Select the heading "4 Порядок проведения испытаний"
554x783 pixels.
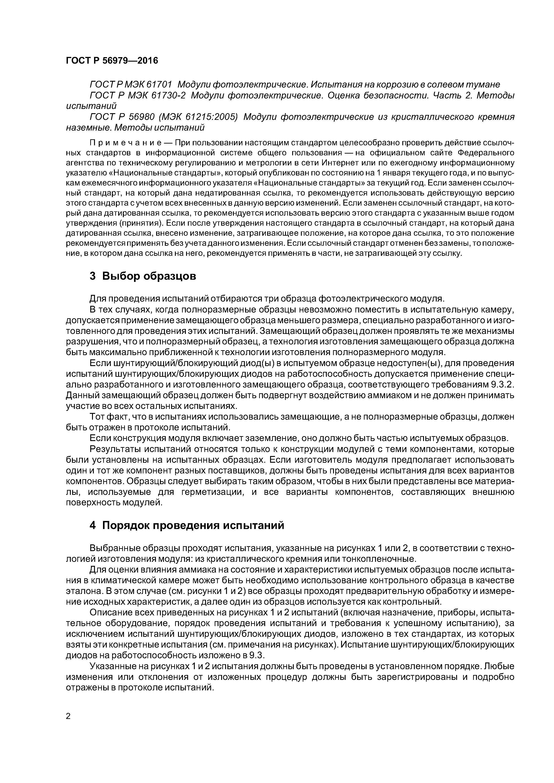(187, 525)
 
